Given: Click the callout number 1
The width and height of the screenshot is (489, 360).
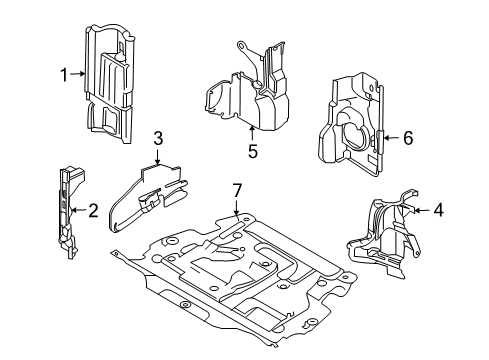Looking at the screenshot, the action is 64,75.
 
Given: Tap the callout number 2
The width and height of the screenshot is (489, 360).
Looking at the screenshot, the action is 93,211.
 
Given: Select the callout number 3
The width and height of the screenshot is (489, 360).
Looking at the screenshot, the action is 158,138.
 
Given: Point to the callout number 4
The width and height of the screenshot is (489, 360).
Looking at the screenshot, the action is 439,210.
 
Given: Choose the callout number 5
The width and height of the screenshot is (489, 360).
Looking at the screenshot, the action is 253,151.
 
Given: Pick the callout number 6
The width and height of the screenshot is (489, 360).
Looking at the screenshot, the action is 408,138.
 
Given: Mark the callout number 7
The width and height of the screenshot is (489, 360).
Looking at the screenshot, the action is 237,191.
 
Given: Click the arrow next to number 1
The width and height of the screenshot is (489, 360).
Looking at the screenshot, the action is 78,74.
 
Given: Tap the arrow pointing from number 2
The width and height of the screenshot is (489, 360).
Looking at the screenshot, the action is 79,210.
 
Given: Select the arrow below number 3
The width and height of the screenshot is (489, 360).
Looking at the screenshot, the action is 157,157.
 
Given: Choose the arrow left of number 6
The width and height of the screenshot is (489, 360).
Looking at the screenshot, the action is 392,137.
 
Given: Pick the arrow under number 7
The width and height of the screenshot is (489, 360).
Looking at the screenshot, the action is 236,208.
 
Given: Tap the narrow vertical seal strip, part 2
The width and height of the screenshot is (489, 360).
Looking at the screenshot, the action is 67,213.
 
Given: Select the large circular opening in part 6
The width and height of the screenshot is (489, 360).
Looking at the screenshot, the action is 357,133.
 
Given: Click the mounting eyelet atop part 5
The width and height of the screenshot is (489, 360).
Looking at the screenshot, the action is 241,45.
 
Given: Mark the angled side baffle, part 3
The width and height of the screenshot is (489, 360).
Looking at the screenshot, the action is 147,197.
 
